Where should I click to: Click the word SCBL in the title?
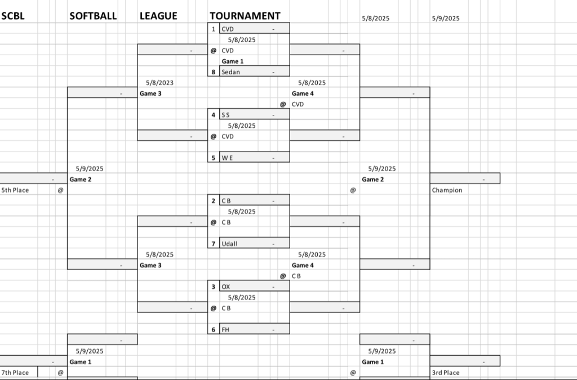coord(13,16)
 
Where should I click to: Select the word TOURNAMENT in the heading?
coord(245,16)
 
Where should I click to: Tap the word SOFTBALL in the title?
coord(93,16)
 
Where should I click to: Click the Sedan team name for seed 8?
coord(230,72)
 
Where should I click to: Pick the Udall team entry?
coord(229,244)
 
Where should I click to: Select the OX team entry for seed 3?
coord(225,287)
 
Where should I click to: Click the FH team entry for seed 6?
coord(225,330)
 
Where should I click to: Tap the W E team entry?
coord(227,158)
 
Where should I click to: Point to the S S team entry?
coord(225,115)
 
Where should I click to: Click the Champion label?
coord(447,190)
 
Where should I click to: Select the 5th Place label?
coord(15,190)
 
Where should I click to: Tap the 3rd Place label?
coord(446,373)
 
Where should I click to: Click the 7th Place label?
coord(15,373)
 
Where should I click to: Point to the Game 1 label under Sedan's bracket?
coord(233,61)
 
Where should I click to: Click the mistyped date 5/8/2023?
coord(159,83)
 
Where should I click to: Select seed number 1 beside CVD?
coord(214,29)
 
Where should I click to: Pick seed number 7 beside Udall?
coord(214,244)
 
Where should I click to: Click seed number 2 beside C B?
coord(214,200)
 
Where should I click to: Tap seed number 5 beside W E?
coord(214,158)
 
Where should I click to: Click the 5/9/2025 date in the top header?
coord(446,19)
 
